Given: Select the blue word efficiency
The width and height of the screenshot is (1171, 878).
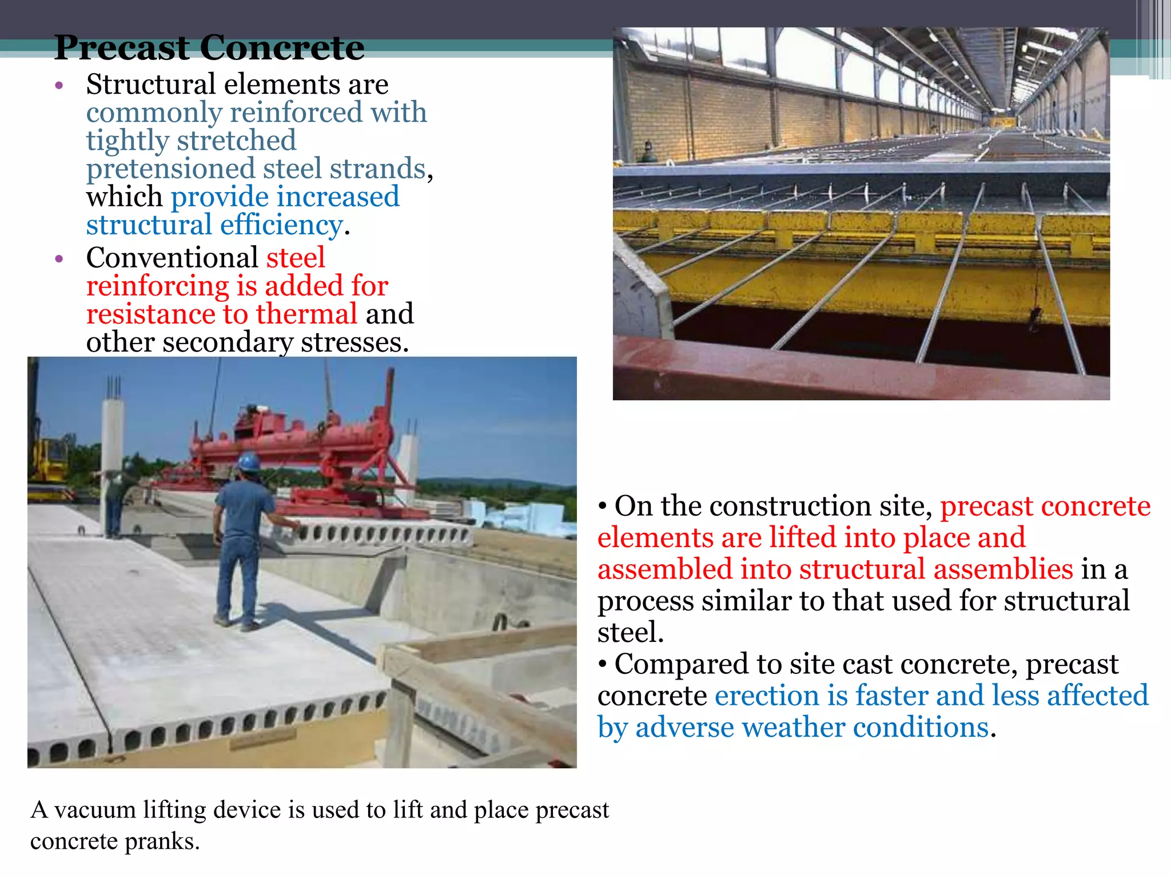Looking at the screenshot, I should pyautogui.click(x=281, y=225).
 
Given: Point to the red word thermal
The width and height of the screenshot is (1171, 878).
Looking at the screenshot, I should pyautogui.click(x=306, y=314).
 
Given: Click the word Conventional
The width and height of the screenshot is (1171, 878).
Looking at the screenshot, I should pyautogui.click(x=172, y=258).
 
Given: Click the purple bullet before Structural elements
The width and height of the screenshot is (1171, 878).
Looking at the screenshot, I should pyautogui.click(x=59, y=86).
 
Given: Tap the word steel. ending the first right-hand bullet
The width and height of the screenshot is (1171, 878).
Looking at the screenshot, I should pyautogui.click(x=630, y=633).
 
